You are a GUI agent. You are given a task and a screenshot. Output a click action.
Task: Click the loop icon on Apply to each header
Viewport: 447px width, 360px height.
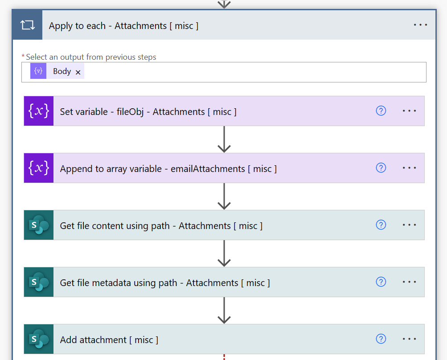[x=27, y=25]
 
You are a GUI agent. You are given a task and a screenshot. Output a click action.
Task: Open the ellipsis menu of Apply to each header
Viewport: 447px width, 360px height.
[x=420, y=25]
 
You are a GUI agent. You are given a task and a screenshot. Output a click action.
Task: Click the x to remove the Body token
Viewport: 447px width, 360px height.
[x=78, y=72]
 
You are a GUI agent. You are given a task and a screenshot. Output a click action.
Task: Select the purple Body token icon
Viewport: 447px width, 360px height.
[x=38, y=71]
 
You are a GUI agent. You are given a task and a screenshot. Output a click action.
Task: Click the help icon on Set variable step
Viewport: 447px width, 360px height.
[x=381, y=111]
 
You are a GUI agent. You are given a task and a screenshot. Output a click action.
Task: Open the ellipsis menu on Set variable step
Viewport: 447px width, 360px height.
[x=409, y=111]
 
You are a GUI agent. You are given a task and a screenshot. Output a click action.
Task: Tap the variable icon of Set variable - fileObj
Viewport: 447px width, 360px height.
[x=39, y=111]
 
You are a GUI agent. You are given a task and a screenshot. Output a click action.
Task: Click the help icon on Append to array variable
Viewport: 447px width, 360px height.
[x=381, y=168]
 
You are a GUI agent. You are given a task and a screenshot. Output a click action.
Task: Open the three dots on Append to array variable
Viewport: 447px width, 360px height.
[x=409, y=168]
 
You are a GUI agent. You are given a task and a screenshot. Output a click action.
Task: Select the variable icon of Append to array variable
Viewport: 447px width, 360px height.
[x=39, y=168]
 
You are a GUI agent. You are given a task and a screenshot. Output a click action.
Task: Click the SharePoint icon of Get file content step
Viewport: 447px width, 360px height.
[x=39, y=225]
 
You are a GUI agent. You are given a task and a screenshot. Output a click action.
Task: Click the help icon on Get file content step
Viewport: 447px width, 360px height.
[x=381, y=225]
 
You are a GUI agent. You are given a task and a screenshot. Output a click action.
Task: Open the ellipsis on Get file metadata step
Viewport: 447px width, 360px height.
[x=409, y=282]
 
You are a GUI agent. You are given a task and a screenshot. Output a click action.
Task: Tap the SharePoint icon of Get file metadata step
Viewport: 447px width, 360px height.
[x=39, y=282]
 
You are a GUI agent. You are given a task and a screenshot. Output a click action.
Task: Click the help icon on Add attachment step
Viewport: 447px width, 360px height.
[x=381, y=339]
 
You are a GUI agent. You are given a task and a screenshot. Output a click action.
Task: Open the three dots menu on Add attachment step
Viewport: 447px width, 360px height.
[x=409, y=339]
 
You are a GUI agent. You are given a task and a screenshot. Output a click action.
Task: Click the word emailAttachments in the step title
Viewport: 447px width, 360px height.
[x=208, y=169]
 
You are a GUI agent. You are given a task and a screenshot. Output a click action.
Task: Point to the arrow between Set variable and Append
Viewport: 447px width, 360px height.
[x=224, y=139]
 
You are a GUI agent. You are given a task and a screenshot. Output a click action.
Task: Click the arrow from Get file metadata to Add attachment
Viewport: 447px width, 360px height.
[x=224, y=311]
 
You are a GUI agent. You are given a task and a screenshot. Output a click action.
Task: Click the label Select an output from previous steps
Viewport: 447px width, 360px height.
[x=91, y=57]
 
